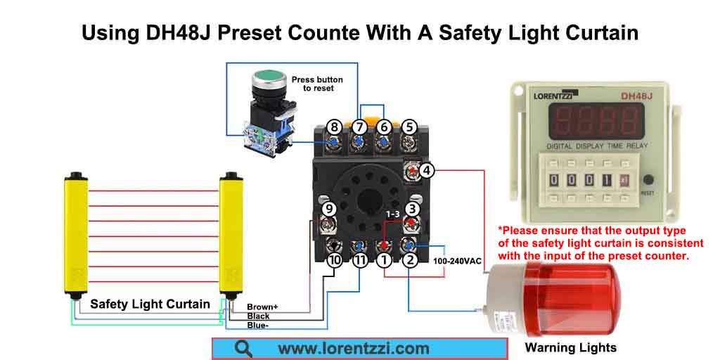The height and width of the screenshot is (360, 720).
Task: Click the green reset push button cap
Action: pyautogui.click(x=266, y=75)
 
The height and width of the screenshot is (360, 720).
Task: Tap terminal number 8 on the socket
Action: pyautogui.click(x=335, y=127)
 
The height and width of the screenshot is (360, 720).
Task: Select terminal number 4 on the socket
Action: pyautogui.click(x=427, y=169)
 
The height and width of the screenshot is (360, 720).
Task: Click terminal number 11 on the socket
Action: pyautogui.click(x=359, y=261)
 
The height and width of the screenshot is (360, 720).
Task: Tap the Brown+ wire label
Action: pyautogui.click(x=262, y=307)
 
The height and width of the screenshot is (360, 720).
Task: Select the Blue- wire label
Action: pyautogui.click(x=257, y=326)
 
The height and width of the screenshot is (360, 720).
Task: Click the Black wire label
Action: pyautogui.click(x=258, y=316)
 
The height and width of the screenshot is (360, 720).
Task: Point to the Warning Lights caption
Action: pyautogui.click(x=570, y=347)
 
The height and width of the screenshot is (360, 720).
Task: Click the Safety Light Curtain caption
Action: pyautogui.click(x=150, y=304)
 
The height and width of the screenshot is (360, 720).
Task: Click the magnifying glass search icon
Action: pyautogui.click(x=243, y=348)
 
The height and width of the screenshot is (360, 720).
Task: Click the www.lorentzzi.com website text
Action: pyautogui.click(x=353, y=348)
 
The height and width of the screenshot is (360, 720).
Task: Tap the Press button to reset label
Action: pyautogui.click(x=317, y=84)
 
